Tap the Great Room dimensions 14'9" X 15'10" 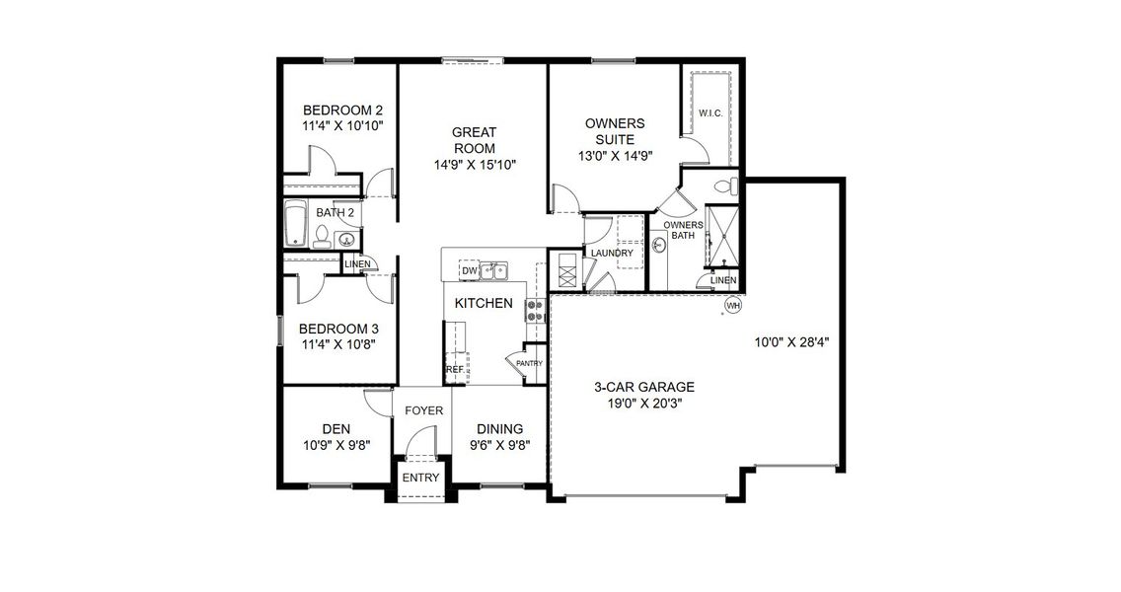[474, 165]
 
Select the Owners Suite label [615, 131]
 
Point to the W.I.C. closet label [710, 114]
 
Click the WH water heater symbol [732, 306]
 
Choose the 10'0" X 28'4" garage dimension [791, 343]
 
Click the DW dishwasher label [470, 270]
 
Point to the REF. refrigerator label [455, 369]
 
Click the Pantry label [530, 363]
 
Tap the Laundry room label [612, 254]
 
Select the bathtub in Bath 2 [295, 225]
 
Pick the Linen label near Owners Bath [723, 281]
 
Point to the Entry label [421, 479]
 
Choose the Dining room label [499, 428]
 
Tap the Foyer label [424, 410]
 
